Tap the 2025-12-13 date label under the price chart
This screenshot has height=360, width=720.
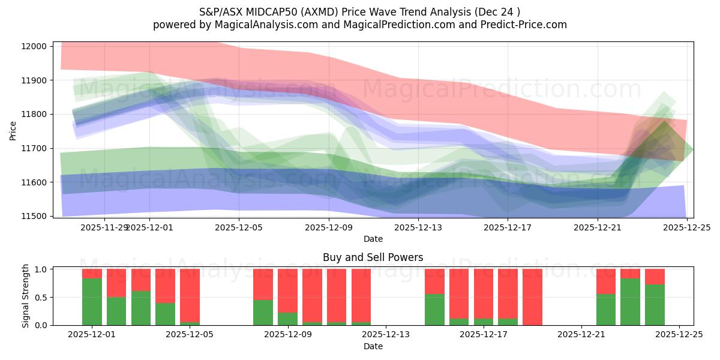[418, 227]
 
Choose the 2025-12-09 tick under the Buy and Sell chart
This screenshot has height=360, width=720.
[288, 335]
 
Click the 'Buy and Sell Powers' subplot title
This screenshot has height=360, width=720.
[373, 257]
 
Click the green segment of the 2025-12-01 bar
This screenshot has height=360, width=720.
[92, 302]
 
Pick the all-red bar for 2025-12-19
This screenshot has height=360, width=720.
[532, 297]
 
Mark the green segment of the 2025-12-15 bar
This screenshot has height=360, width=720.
[434, 310]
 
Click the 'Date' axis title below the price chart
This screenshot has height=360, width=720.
[373, 239]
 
